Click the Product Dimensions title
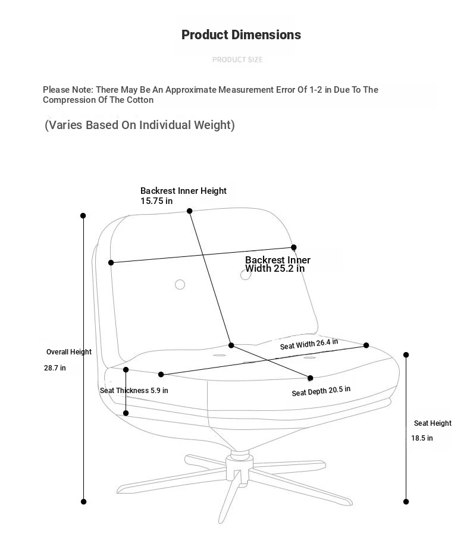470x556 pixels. [x=241, y=34]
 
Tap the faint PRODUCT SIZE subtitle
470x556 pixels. [x=237, y=59]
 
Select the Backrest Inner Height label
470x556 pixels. [x=183, y=191]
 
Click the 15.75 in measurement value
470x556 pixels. [x=156, y=201]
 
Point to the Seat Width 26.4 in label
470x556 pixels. [x=309, y=344]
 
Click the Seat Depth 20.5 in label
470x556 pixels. [x=321, y=391]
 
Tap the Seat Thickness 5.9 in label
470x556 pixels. [x=134, y=391]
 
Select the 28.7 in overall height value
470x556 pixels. [x=55, y=368]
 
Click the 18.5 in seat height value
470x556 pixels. [x=422, y=438]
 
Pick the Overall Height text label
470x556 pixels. [x=69, y=352]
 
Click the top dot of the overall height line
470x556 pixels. [x=83, y=216]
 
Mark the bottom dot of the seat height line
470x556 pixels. [x=406, y=502]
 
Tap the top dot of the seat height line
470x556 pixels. [x=406, y=354]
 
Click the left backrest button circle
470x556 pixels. [x=180, y=284]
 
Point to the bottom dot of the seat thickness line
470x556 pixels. [x=126, y=413]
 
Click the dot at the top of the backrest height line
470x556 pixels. [x=189, y=211]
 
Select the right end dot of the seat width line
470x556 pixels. [x=366, y=345]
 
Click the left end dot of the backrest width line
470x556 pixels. [x=111, y=262]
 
